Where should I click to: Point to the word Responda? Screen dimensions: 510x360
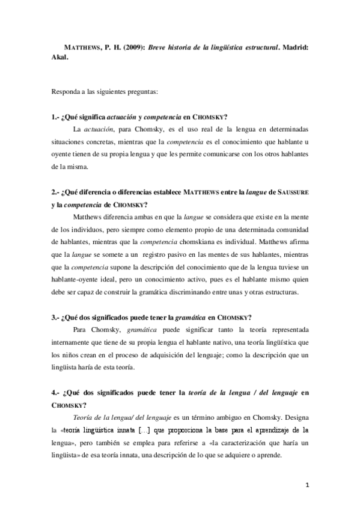(68, 93)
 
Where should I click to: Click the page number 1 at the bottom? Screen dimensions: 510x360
(307, 485)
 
